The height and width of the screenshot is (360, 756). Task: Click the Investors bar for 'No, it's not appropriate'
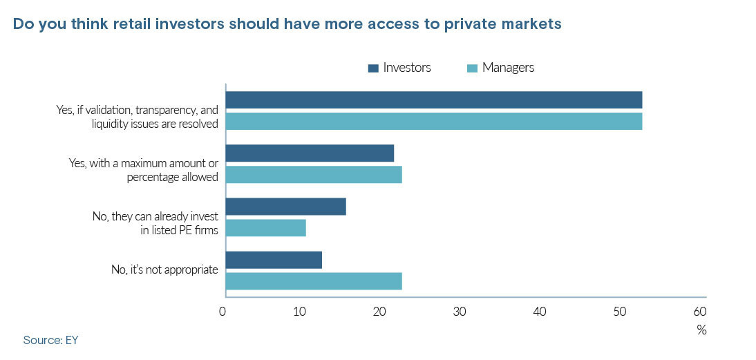274,260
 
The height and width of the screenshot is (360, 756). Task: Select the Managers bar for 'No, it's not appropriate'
314,281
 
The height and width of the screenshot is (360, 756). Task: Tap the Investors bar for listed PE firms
285,207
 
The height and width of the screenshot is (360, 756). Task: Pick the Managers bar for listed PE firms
265,227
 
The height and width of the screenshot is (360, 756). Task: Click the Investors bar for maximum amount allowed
310,153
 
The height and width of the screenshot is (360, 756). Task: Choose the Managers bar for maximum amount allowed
314,174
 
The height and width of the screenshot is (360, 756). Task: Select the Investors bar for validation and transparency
433,100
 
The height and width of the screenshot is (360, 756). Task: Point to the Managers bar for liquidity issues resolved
433,121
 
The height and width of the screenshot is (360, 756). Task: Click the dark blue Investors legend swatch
374,68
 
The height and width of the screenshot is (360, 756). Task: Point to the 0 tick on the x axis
223,311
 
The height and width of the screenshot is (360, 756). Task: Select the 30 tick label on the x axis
460,311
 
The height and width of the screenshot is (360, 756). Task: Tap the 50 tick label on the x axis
618,311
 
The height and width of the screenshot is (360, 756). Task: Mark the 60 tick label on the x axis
699,311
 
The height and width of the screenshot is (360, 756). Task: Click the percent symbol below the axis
701,330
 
